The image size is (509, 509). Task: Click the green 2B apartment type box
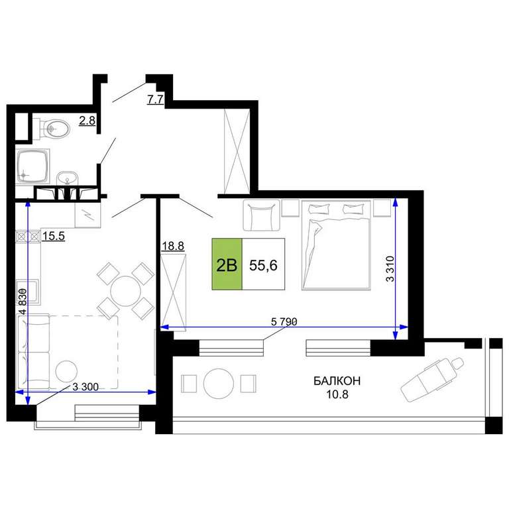(227, 264)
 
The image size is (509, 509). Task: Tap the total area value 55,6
(263, 266)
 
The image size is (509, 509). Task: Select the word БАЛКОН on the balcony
(337, 381)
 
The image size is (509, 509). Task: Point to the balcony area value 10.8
(337, 394)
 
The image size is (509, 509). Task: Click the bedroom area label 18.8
(173, 246)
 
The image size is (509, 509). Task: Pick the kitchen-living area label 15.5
(54, 236)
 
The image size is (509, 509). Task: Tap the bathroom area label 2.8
(87, 121)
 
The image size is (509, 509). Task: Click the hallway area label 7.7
(155, 99)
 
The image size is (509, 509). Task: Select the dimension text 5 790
(284, 321)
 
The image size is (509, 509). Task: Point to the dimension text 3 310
(390, 269)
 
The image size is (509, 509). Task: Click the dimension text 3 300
(85, 386)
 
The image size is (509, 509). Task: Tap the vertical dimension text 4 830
(23, 302)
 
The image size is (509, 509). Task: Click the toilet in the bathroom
(52, 129)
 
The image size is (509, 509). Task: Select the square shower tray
(32, 167)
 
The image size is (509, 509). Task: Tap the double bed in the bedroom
(336, 245)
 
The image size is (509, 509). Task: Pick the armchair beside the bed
(261, 215)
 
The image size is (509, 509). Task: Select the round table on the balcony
(219, 383)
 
